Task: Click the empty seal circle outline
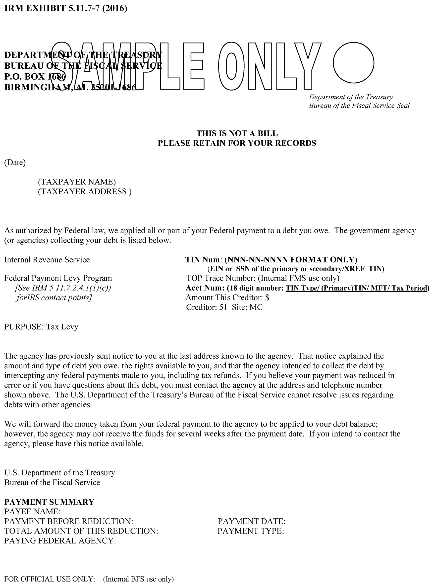(353, 63)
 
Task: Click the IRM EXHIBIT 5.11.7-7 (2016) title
(66, 8)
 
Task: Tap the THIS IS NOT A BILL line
(237, 133)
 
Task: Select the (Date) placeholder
(15, 162)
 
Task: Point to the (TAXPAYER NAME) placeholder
(77, 182)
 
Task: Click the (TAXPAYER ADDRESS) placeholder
(85, 192)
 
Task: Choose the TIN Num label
(203, 260)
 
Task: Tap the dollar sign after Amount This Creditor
(268, 297)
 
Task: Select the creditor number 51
(223, 307)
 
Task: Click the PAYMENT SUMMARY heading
(49, 502)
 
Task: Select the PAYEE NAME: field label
(32, 512)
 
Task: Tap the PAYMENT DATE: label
(251, 521)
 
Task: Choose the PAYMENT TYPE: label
(251, 531)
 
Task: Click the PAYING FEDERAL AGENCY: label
(60, 541)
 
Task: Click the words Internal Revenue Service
(47, 260)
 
